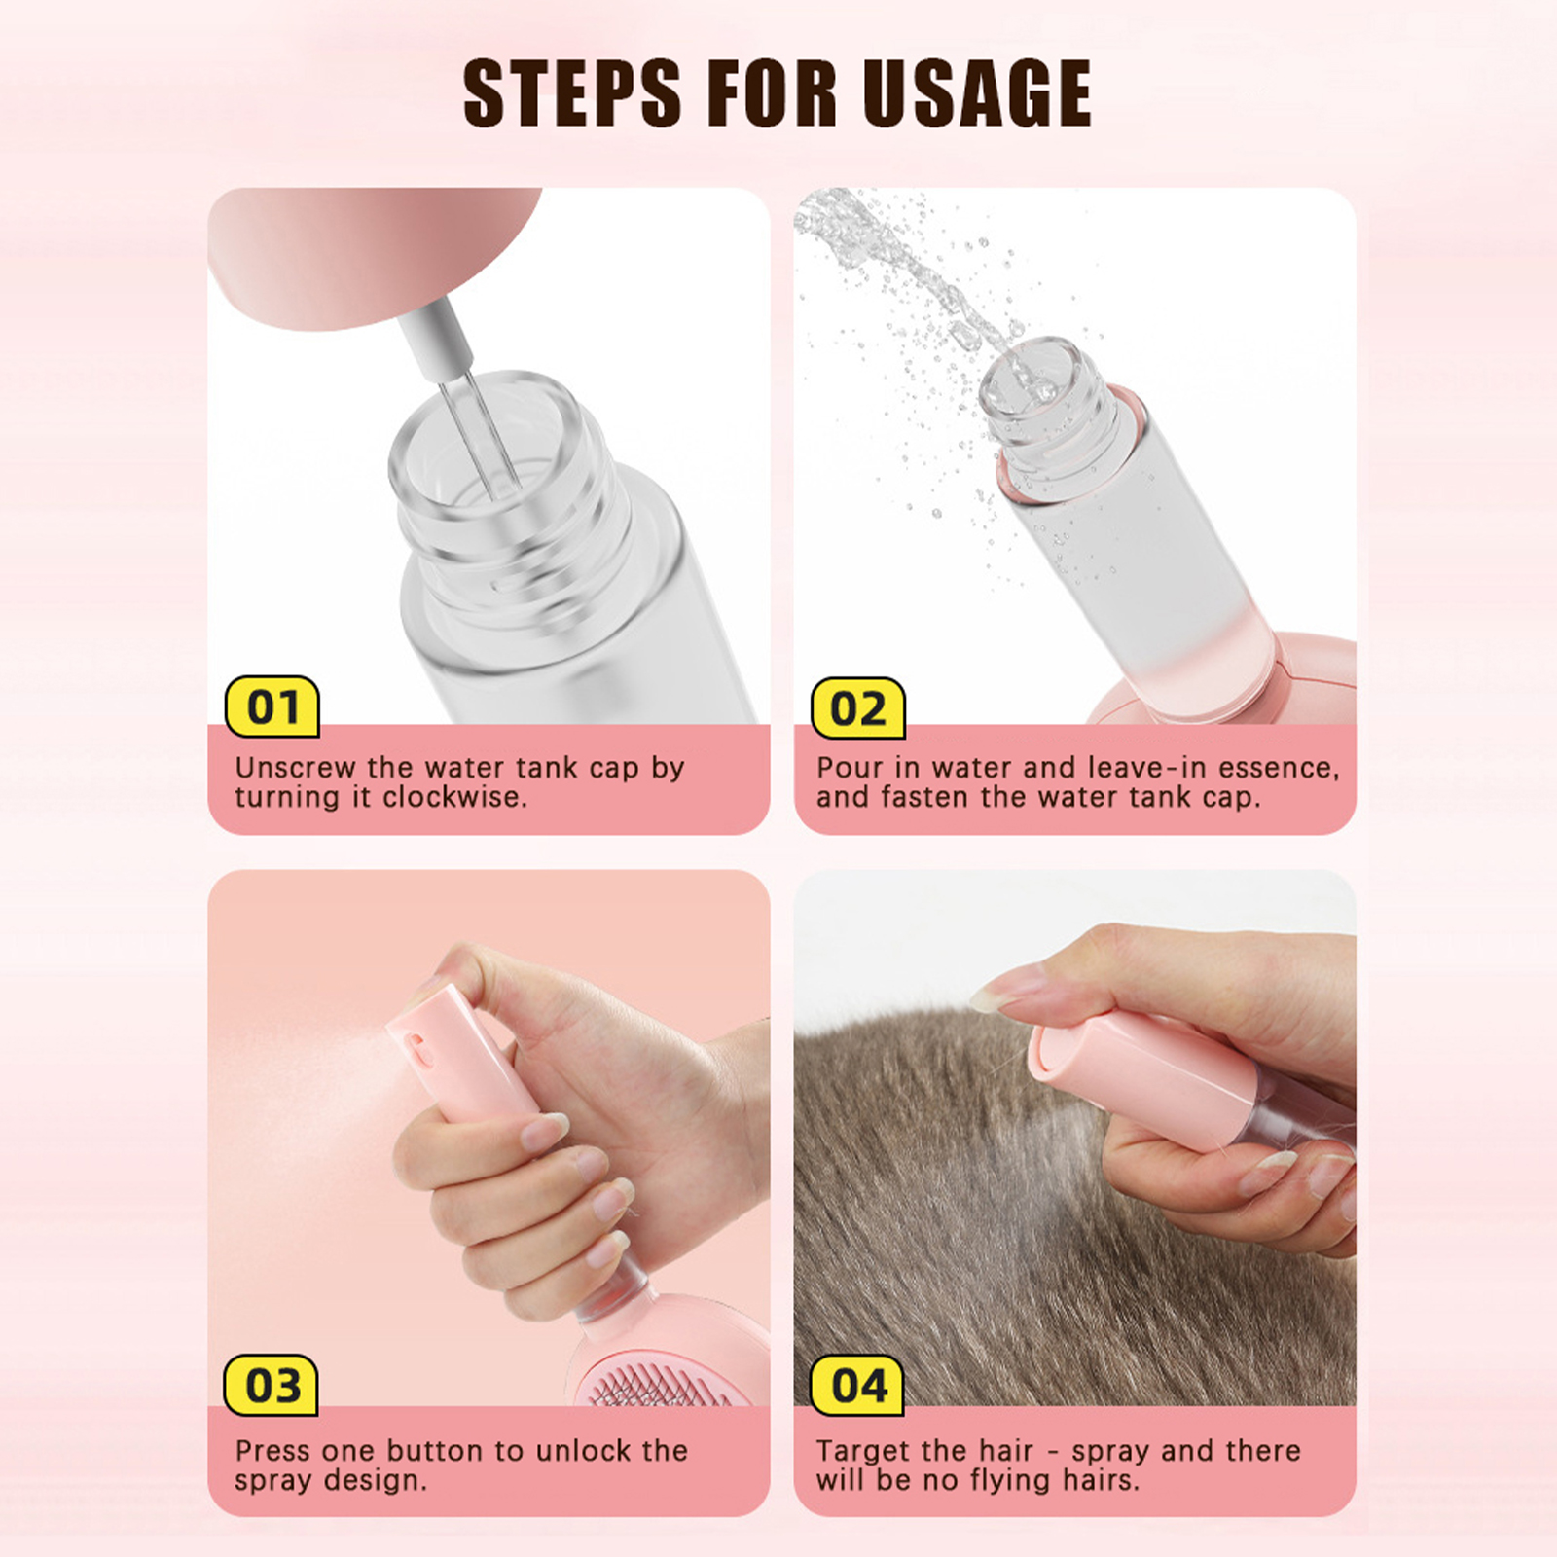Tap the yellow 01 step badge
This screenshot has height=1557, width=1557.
pos(272,706)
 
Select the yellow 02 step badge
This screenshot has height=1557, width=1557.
pos(858,707)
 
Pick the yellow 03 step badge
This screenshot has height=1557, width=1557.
pos(272,1385)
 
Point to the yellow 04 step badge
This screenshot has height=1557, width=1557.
pos(858,1385)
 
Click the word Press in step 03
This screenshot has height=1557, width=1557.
pos(272,1450)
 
